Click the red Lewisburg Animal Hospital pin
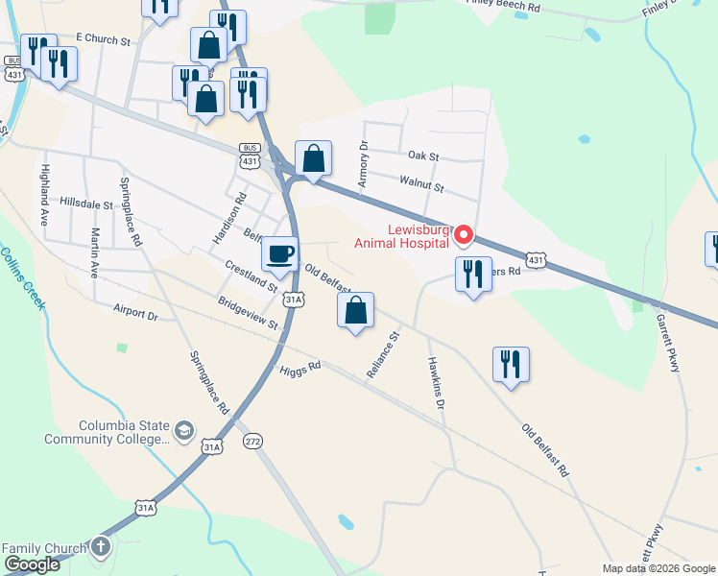tap(464, 234)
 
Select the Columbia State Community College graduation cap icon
tap(183, 432)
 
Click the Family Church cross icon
tap(101, 548)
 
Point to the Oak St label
tap(422, 156)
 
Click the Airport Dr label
tap(133, 313)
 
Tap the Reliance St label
tap(383, 354)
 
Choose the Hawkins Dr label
tap(434, 385)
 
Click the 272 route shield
tap(252, 441)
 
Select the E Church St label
tap(102, 38)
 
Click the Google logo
tap(32, 565)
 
